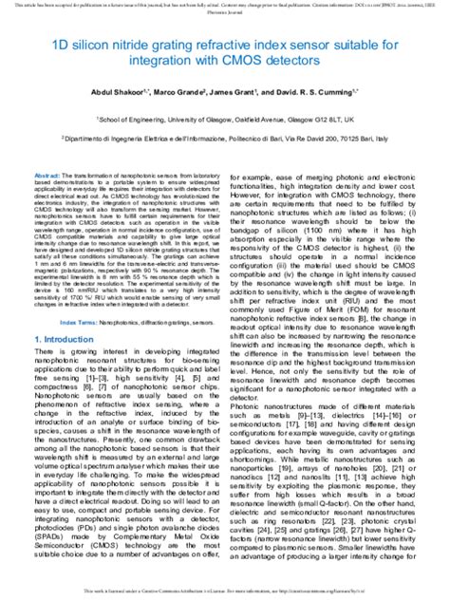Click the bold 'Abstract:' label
click(47, 178)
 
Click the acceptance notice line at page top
click(225, 6)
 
